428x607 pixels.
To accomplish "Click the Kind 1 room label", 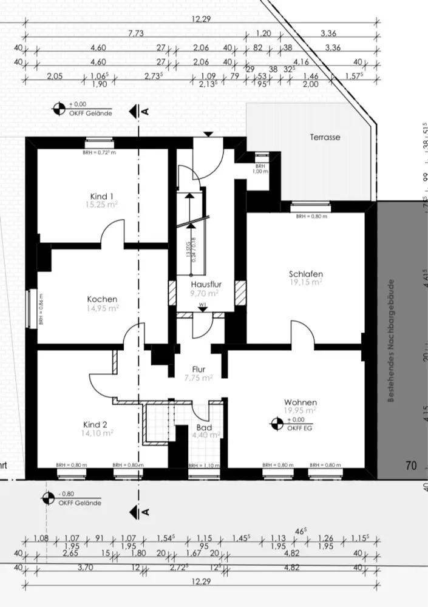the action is coord(102,196).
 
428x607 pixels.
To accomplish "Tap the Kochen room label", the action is coord(102,299).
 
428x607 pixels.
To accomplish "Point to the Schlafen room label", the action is coord(305,274).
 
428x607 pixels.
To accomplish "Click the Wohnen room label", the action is coord(301,402).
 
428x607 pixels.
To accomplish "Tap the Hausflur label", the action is coord(205,284).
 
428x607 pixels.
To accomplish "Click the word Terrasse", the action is coord(325,137).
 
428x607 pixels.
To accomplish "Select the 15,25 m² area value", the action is coord(102,205).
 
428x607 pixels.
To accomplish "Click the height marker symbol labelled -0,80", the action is coord(47,498).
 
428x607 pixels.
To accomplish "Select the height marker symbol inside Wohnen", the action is coord(276,424).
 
